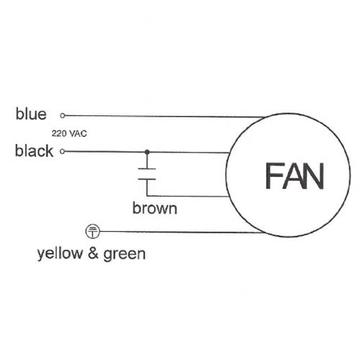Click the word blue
[31, 114]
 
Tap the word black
[34, 150]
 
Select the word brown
[155, 208]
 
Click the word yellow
[60, 254]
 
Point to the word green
[125, 254]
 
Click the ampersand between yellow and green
[93, 253]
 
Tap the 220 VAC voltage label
[69, 133]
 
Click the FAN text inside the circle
[294, 176]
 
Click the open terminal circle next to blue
[63, 116]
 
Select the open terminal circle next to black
[63, 151]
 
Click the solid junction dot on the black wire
[147, 152]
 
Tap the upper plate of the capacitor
[147, 169]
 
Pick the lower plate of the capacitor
[147, 179]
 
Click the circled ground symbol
[93, 231]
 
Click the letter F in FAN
[274, 176]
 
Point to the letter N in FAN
[314, 176]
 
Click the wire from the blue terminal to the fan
[164, 117]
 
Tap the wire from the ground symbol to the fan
[181, 232]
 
